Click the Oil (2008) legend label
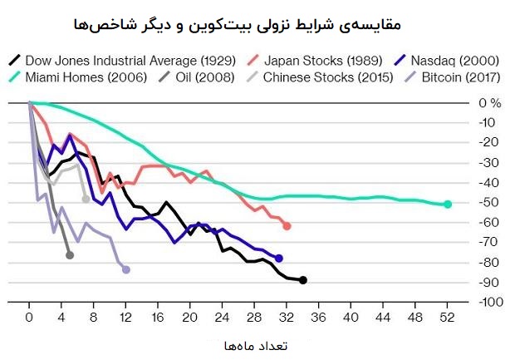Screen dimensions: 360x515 [x=205, y=77]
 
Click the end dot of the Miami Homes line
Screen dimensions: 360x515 [x=449, y=204]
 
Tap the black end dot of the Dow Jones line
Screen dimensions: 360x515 [x=303, y=280]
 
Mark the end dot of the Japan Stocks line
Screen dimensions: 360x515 [x=287, y=226]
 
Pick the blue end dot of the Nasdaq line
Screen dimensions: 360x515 [x=279, y=259]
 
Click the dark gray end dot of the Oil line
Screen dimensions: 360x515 [x=70, y=254]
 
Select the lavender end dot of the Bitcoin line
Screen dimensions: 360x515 [x=126, y=269]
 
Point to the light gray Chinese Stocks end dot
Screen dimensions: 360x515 [x=86, y=199]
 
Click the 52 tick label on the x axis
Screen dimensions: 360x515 [x=449, y=317]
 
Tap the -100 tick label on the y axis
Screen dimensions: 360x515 [x=491, y=302]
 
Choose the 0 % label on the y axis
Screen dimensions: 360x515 [x=490, y=103]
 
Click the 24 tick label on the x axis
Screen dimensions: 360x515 [x=223, y=317]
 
